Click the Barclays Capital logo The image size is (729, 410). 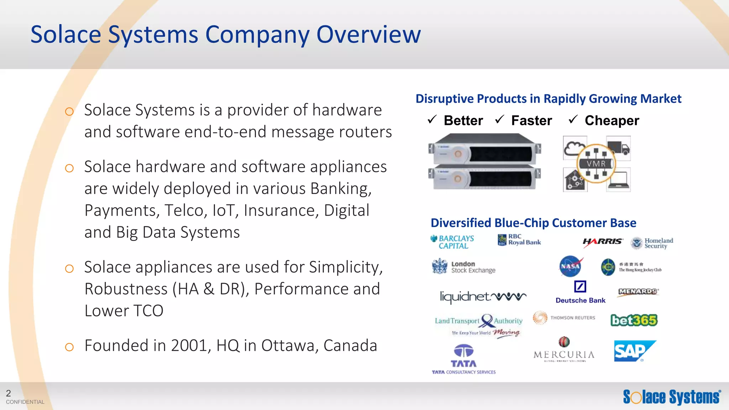tap(453, 242)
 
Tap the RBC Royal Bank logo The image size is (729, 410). tap(519, 240)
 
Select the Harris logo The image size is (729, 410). tap(603, 242)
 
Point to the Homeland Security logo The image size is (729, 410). tap(652, 243)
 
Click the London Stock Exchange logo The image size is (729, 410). tap(464, 267)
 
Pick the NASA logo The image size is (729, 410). tap(570, 266)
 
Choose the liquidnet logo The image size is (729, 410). tap(483, 296)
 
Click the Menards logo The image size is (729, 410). tap(638, 291)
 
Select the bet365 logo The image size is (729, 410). tap(634, 320)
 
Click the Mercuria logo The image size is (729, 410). tap(564, 350)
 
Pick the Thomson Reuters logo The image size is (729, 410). tap(564, 317)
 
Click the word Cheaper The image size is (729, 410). tap(612, 121)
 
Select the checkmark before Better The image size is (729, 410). tap(432, 120)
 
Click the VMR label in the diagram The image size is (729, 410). tap(596, 164)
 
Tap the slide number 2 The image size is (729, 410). tap(9, 393)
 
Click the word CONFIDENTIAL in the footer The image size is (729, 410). tap(25, 402)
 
